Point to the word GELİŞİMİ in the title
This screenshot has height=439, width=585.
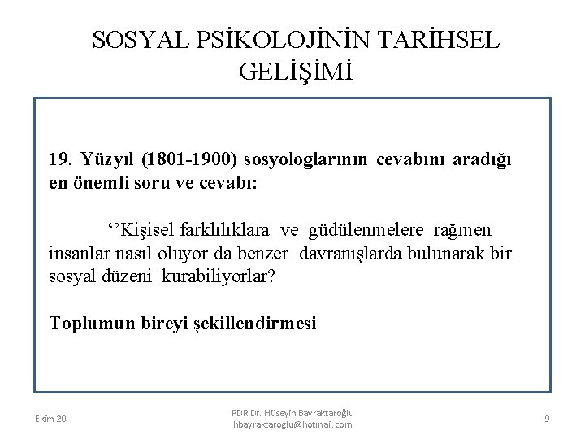297,73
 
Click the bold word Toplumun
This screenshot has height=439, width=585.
87,324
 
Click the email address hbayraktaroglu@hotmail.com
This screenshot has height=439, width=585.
292,425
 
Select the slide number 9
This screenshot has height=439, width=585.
548,418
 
